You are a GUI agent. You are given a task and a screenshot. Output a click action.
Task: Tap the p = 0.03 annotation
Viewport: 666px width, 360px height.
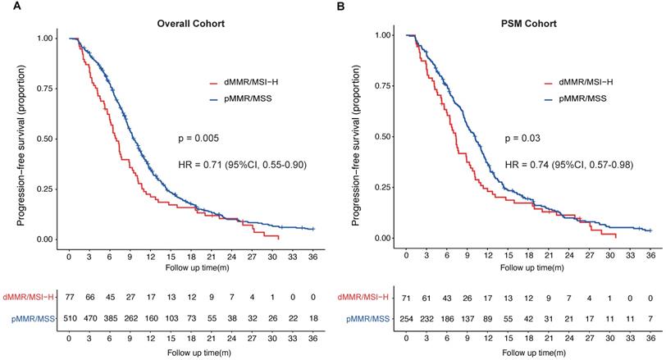523,138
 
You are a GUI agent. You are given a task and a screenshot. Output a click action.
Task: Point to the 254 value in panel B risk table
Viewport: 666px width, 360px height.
407,317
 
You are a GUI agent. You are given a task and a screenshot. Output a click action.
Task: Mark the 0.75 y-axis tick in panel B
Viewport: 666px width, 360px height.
381,86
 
